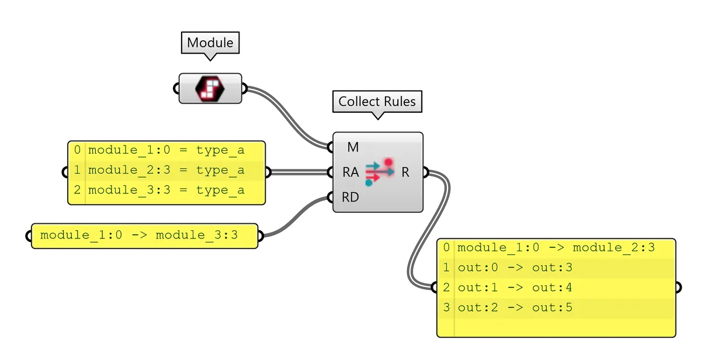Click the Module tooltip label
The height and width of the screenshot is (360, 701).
coord(210,43)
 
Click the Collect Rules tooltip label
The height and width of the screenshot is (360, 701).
coord(377,101)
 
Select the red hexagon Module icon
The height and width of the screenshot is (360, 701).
coord(210,88)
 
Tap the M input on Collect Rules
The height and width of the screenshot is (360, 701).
coord(353,147)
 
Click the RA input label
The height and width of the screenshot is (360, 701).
coord(350,172)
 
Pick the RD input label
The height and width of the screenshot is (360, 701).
coord(350,198)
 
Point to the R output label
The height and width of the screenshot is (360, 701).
coord(405,172)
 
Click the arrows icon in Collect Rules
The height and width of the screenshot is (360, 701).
coord(378,172)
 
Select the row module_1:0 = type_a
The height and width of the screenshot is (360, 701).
coord(166,150)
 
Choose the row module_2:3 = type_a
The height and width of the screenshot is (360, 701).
coord(166,170)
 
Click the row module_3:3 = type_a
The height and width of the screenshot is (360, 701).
coord(166,190)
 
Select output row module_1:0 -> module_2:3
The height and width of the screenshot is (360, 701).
coord(556,248)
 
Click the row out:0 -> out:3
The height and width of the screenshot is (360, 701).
coord(515,268)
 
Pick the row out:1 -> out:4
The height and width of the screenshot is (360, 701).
coord(515,288)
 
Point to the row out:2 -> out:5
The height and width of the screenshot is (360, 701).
coord(515,307)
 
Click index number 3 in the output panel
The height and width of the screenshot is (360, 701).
coord(446,307)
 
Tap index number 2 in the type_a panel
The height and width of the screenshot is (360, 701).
coord(77,190)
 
